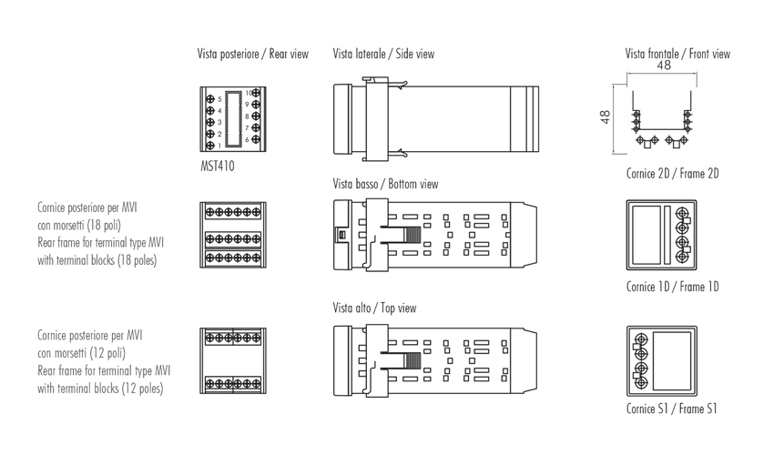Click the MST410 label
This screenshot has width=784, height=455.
217,167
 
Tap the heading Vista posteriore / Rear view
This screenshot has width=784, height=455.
252,55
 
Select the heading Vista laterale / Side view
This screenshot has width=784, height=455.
383,55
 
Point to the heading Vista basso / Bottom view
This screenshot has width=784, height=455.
385,184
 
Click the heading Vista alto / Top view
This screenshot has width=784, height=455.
374,308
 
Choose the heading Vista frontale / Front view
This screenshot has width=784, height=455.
677,55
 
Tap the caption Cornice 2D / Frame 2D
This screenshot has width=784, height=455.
672,174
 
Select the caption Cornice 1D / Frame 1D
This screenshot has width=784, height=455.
672,288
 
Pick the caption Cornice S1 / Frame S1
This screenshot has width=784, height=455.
671,409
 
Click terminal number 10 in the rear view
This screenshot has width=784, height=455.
249,93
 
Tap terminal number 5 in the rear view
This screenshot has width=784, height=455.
219,98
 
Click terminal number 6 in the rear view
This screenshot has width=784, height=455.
247,140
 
